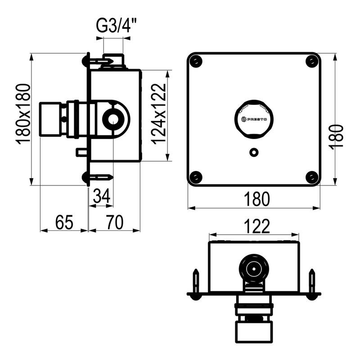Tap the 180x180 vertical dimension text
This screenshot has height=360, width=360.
point(23,114)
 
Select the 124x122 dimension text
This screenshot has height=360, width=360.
point(159,114)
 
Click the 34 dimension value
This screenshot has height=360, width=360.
point(102,196)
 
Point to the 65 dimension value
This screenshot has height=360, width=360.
point(64,222)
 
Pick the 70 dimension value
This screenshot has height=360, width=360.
point(115,222)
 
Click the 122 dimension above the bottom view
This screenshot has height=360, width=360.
point(256,226)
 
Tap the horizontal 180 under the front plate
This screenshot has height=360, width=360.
point(256,199)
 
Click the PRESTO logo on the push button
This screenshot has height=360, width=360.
point(254,119)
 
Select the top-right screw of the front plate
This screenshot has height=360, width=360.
point(311,62)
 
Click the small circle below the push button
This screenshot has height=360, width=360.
point(254,152)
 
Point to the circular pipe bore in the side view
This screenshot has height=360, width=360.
point(113,119)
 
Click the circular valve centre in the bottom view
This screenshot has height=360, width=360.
point(254,269)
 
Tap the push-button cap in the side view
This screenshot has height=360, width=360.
point(50,119)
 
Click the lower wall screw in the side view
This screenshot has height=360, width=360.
point(98,177)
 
